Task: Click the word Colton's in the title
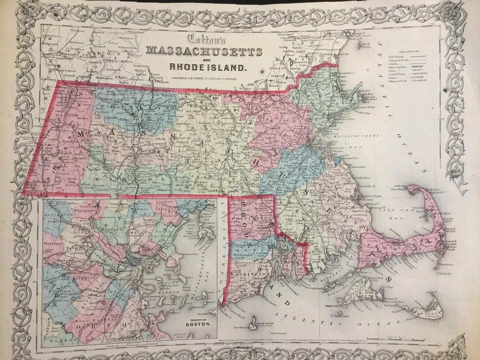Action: point(203,39)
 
